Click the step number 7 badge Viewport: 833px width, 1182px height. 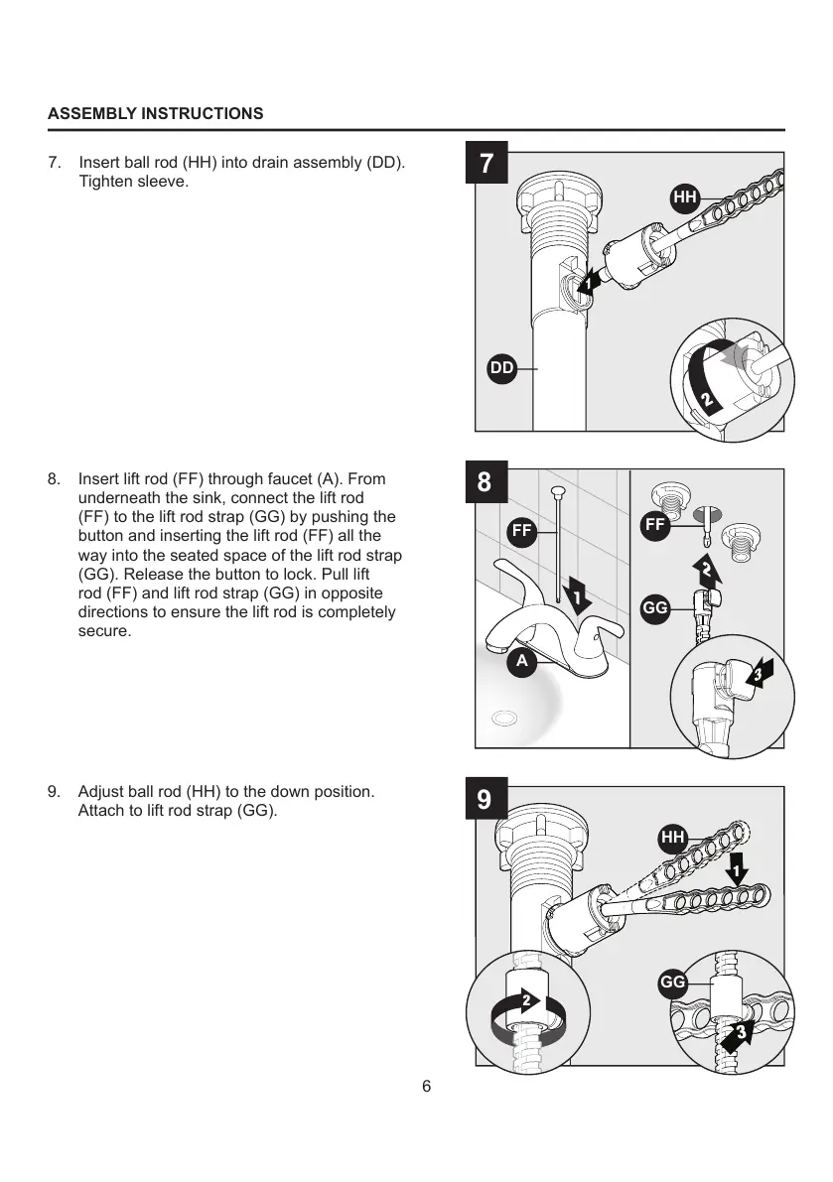coord(486,164)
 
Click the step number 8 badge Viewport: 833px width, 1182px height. coord(485,482)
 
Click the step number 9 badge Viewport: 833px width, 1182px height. coord(485,800)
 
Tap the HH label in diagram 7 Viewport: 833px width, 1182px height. coord(685,197)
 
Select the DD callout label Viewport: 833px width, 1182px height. coord(502,368)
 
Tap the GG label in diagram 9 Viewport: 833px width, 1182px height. coord(673,983)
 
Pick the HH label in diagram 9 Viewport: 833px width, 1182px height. coord(673,839)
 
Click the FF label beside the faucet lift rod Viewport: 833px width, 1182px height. coord(522,531)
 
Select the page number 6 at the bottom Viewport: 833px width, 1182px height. coord(426,1086)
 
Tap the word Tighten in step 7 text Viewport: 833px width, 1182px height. coord(105,183)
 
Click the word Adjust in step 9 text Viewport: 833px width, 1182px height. coord(100,792)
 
